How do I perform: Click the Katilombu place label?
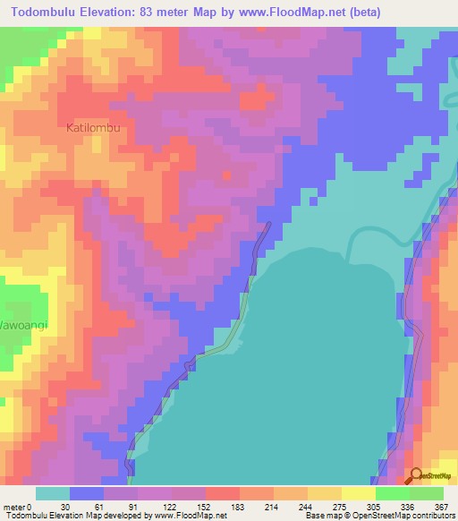tap(93, 128)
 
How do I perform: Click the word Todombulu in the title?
tap(51, 13)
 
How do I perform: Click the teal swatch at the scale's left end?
tap(53, 493)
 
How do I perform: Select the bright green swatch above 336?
tap(392, 493)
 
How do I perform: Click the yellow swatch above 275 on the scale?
tap(324, 493)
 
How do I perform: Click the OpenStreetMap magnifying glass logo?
tap(415, 476)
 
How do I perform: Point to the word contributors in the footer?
tap(431, 517)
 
